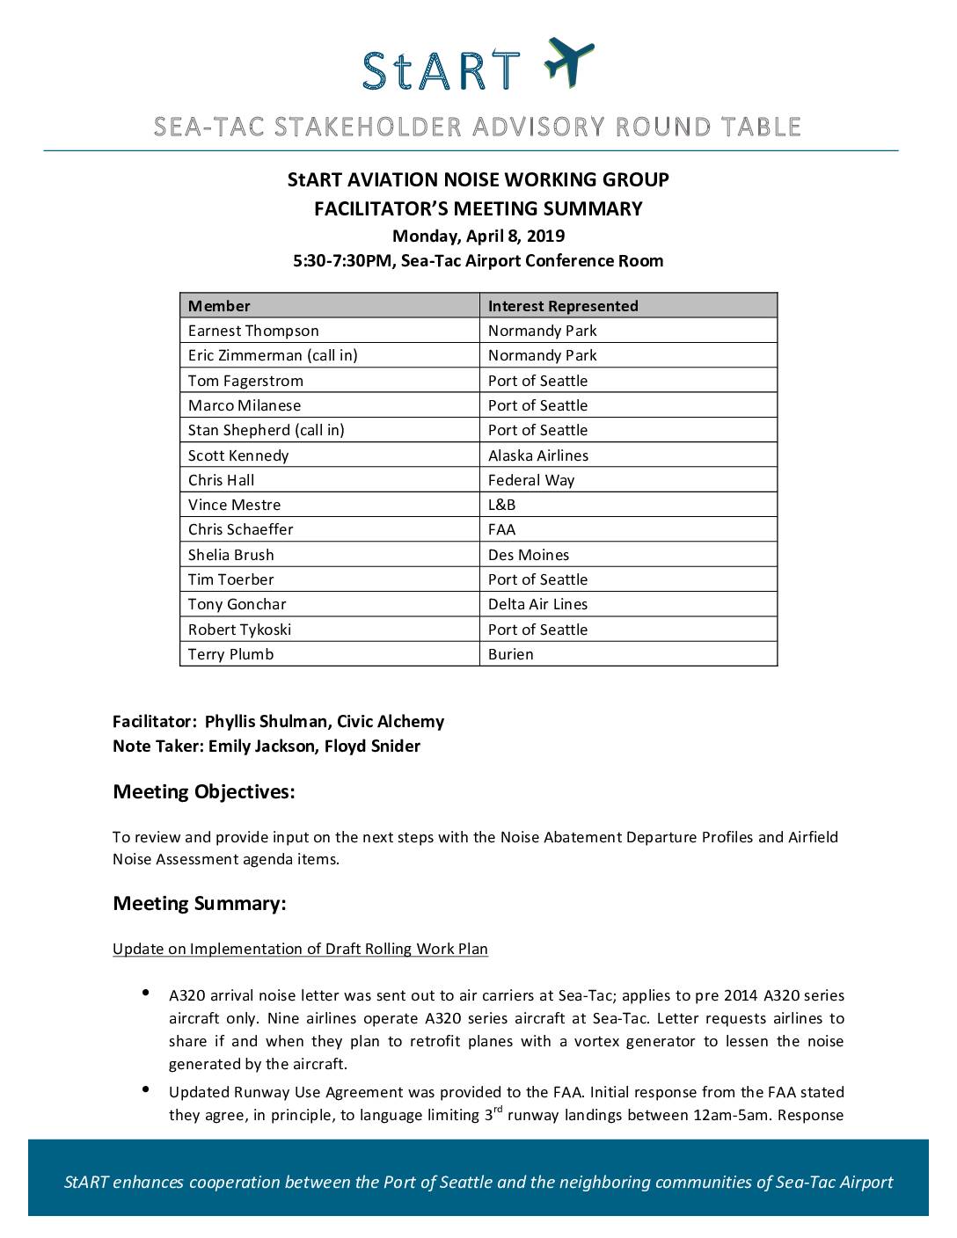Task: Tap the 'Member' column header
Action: coord(219,306)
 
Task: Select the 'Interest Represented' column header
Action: coord(563,306)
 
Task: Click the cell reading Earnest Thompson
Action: coord(253,331)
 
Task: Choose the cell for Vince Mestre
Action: coord(235,505)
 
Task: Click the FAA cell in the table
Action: coord(502,529)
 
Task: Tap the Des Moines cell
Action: coord(529,555)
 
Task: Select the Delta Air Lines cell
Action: coord(538,604)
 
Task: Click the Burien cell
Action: coord(511,654)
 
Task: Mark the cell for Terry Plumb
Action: coord(231,654)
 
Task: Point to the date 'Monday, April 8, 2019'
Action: coord(478,236)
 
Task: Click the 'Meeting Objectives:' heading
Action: coord(204,791)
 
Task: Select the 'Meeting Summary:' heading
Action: coord(200,903)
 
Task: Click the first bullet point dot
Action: coord(145,994)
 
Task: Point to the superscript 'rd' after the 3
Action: coord(498,1111)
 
